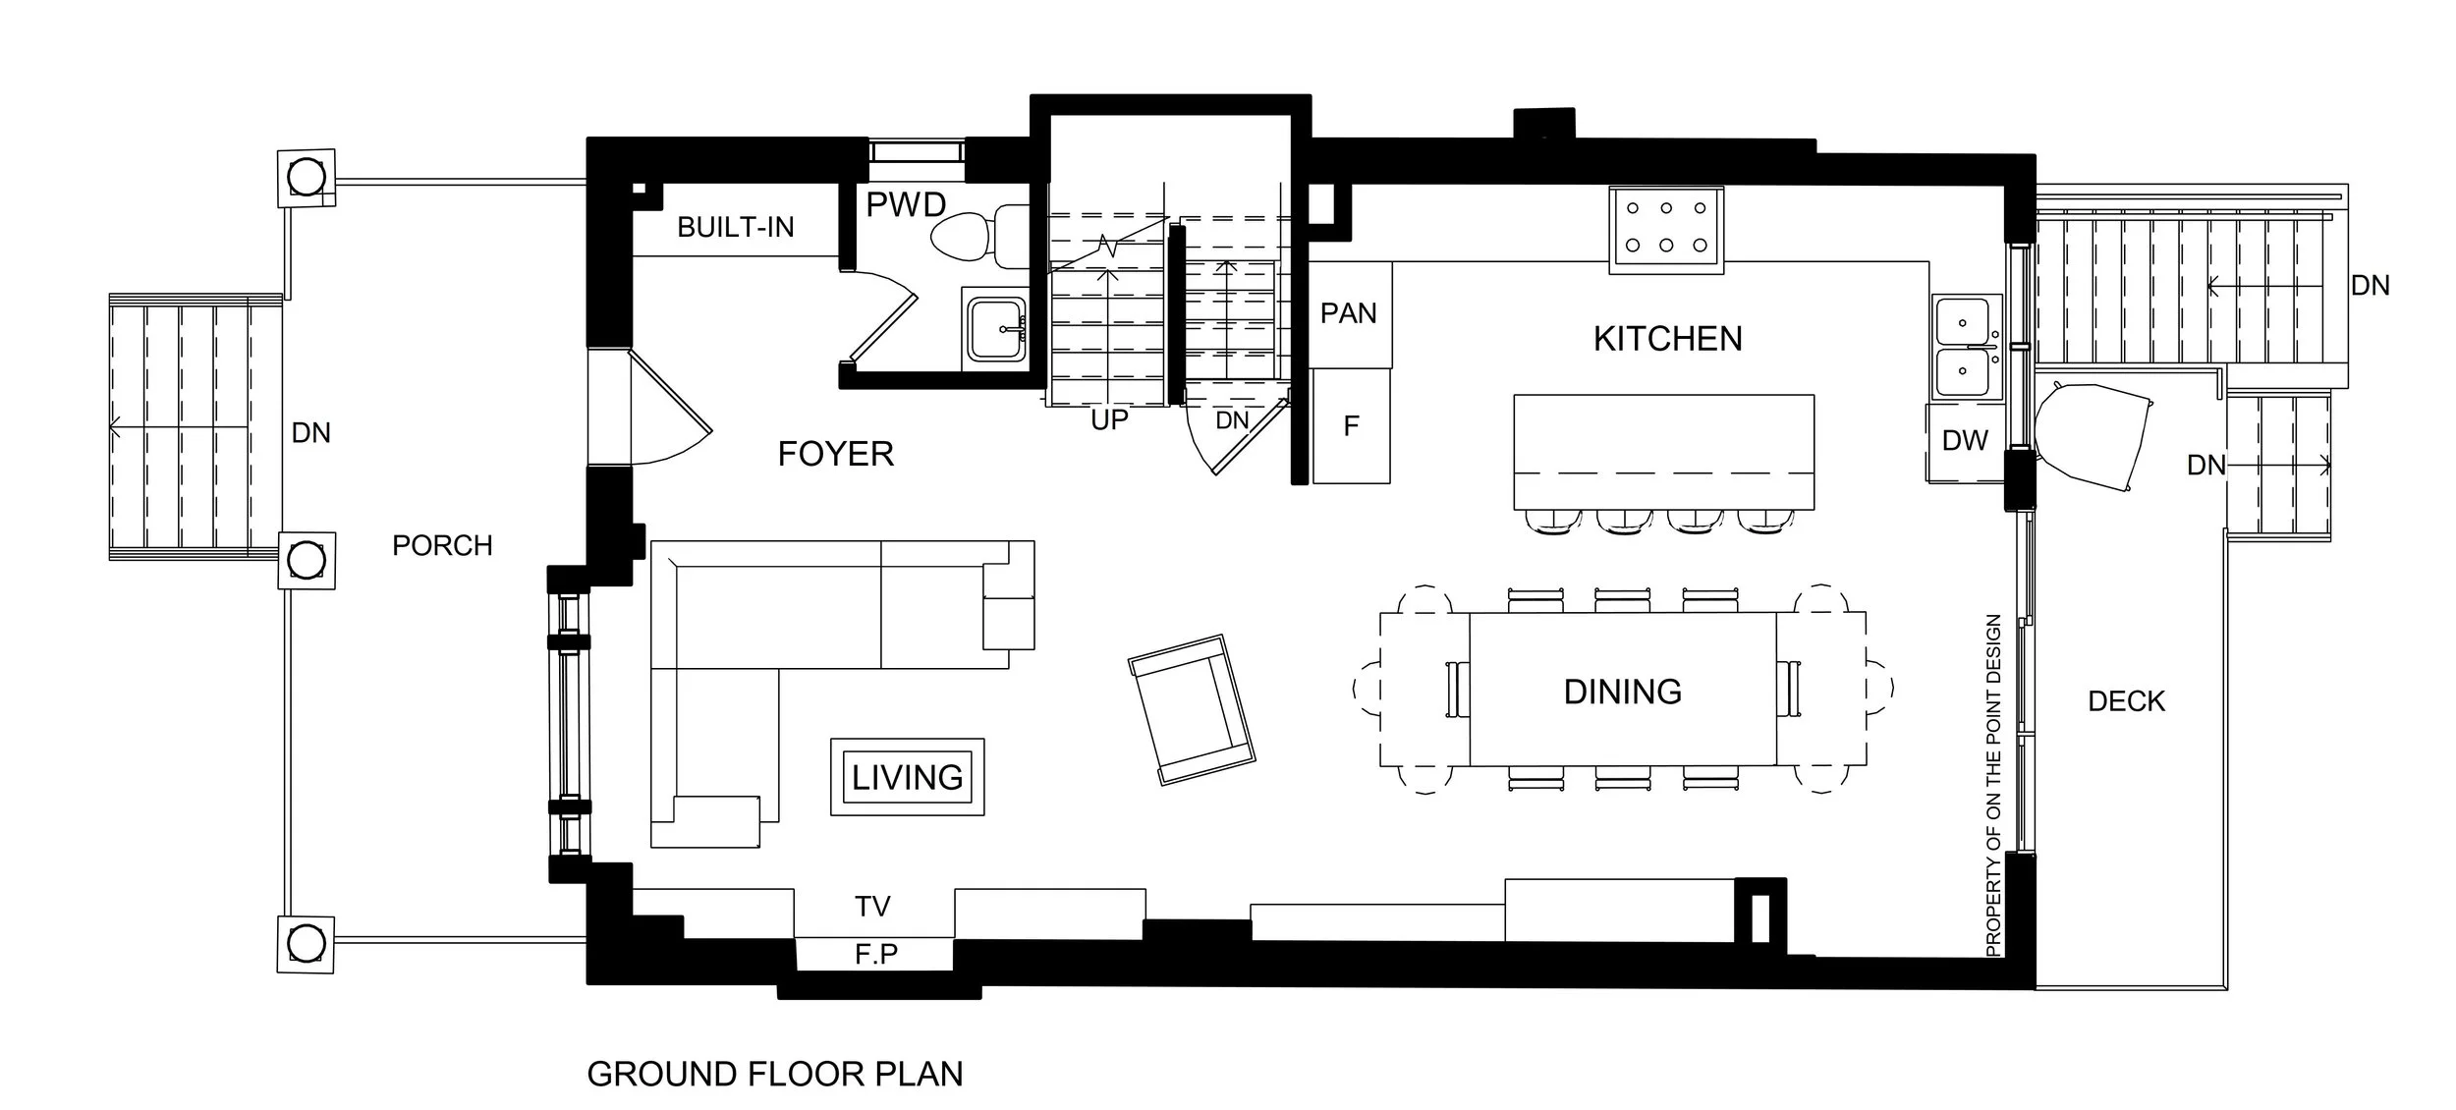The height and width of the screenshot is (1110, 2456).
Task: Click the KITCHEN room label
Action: click(x=1667, y=339)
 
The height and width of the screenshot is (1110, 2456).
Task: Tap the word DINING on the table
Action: click(x=1622, y=692)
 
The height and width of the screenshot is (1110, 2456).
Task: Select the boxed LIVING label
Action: click(x=907, y=777)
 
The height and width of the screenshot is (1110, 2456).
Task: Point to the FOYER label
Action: click(x=836, y=454)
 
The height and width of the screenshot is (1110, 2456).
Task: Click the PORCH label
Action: click(x=442, y=546)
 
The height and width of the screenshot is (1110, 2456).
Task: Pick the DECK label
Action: click(x=2126, y=701)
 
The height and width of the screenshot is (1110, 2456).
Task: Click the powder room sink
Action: click(x=996, y=329)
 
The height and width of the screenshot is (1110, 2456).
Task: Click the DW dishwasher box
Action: click(x=1965, y=441)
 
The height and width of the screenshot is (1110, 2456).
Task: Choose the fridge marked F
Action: click(x=1351, y=426)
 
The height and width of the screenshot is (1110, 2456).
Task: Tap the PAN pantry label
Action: click(x=1348, y=313)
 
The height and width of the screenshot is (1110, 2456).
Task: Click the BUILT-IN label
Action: click(x=735, y=228)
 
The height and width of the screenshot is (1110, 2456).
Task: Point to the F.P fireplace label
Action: click(x=875, y=954)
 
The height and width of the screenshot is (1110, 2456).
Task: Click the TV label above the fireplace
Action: click(x=872, y=907)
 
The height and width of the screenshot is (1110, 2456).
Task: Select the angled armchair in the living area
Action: click(x=1192, y=708)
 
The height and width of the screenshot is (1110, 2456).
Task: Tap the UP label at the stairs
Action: click(x=1109, y=420)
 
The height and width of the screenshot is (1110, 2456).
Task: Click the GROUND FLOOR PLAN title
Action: click(x=775, y=1074)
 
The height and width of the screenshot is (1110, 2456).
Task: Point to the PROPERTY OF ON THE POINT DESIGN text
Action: click(x=1993, y=786)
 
